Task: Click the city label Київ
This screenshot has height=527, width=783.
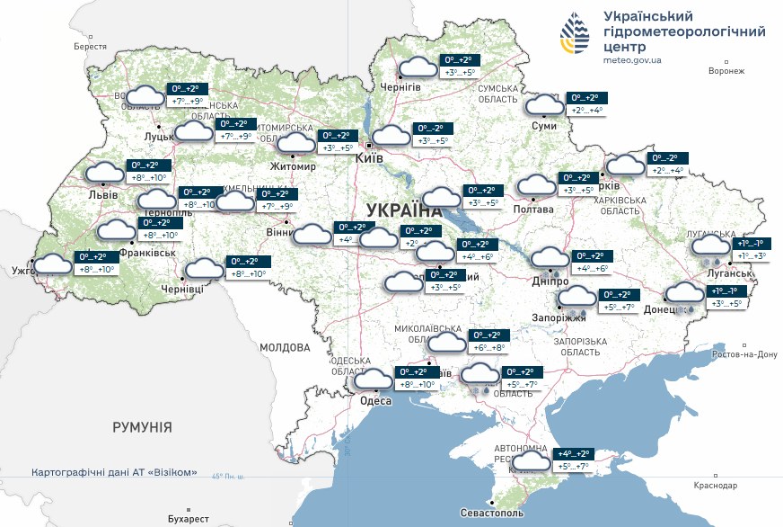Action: click(370, 158)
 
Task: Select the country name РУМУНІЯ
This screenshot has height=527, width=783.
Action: click(142, 427)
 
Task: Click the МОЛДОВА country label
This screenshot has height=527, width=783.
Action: click(285, 346)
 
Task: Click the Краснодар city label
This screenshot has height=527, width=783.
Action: click(715, 485)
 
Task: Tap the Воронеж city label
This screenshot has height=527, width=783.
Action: click(726, 71)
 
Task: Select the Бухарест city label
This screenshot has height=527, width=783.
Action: click(188, 519)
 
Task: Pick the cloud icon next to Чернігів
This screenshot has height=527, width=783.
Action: click(417, 67)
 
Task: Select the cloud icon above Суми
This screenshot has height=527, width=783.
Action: click(543, 104)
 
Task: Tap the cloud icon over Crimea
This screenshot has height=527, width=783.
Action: click(532, 461)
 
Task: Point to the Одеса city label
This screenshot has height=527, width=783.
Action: click(375, 401)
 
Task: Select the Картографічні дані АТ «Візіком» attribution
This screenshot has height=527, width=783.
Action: click(114, 472)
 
